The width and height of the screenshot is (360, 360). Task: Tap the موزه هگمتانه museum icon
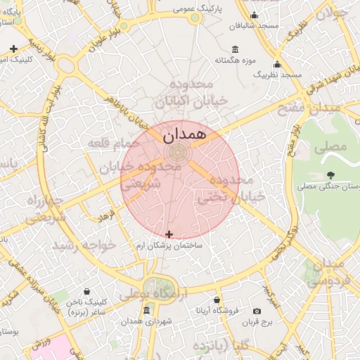[233, 49]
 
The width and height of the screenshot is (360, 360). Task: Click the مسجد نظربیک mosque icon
[281, 64]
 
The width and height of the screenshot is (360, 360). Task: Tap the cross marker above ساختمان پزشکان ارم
[169, 233]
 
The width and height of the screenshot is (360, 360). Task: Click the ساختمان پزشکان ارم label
[169, 247]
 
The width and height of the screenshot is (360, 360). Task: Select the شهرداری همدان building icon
[146, 311]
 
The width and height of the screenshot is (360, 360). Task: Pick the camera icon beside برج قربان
[257, 311]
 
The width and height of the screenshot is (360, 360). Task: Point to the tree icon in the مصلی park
[330, 175]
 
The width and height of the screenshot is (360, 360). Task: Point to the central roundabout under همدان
[179, 150]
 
